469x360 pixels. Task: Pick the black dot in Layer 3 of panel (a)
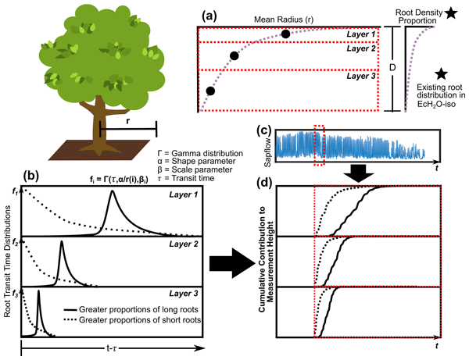click(x=209, y=91)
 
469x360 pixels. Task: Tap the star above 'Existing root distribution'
click(x=443, y=73)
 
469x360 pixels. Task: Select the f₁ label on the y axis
click(x=13, y=190)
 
